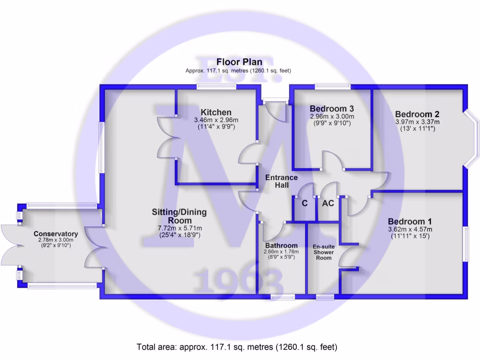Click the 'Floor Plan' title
pyautogui.click(x=239, y=62)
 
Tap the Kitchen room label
pyautogui.click(x=216, y=112)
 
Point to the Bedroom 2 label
pyautogui.click(x=417, y=114)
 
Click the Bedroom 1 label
pyautogui.click(x=410, y=222)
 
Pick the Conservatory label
pyautogui.click(x=55, y=234)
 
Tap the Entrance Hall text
pyautogui.click(x=281, y=181)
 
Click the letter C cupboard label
pyautogui.click(x=304, y=203)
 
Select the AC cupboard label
pyautogui.click(x=328, y=203)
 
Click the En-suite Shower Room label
pyautogui.click(x=324, y=252)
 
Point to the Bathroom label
pyautogui.click(x=281, y=246)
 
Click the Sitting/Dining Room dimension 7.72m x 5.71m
pyautogui.click(x=179, y=228)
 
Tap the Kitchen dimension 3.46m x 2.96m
pyautogui.click(x=216, y=120)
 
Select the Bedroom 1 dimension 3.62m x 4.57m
pyautogui.click(x=410, y=229)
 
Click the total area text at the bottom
pyautogui.click(x=237, y=347)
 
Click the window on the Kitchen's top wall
pyautogui.click(x=216, y=86)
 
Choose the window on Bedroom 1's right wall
pyautogui.click(x=466, y=244)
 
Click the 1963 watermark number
pyautogui.click(x=239, y=282)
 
